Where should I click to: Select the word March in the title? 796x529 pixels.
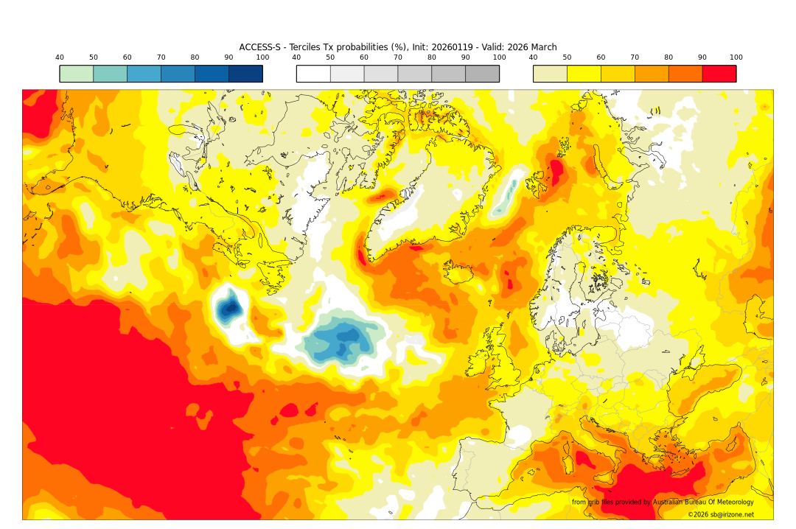(542, 47)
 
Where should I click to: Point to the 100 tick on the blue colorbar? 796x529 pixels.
(262, 57)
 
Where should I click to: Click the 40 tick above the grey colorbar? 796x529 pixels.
(296, 57)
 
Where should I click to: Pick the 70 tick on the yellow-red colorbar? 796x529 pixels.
(635, 57)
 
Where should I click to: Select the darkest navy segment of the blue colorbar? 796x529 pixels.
(245, 74)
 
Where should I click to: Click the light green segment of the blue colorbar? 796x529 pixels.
(77, 74)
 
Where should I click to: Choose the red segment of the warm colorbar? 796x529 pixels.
(719, 74)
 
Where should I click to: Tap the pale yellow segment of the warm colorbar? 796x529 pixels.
(550, 74)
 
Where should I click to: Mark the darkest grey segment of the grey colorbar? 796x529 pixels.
(482, 74)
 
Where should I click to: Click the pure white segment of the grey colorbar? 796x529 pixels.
(313, 74)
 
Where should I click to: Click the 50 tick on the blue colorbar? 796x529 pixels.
(94, 57)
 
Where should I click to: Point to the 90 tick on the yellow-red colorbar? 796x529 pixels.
(702, 57)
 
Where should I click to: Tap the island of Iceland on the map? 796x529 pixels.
(463, 274)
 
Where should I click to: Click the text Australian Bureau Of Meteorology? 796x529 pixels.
(703, 502)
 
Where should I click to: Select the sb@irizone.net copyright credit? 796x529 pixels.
(721, 514)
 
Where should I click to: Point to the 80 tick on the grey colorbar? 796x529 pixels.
(432, 57)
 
